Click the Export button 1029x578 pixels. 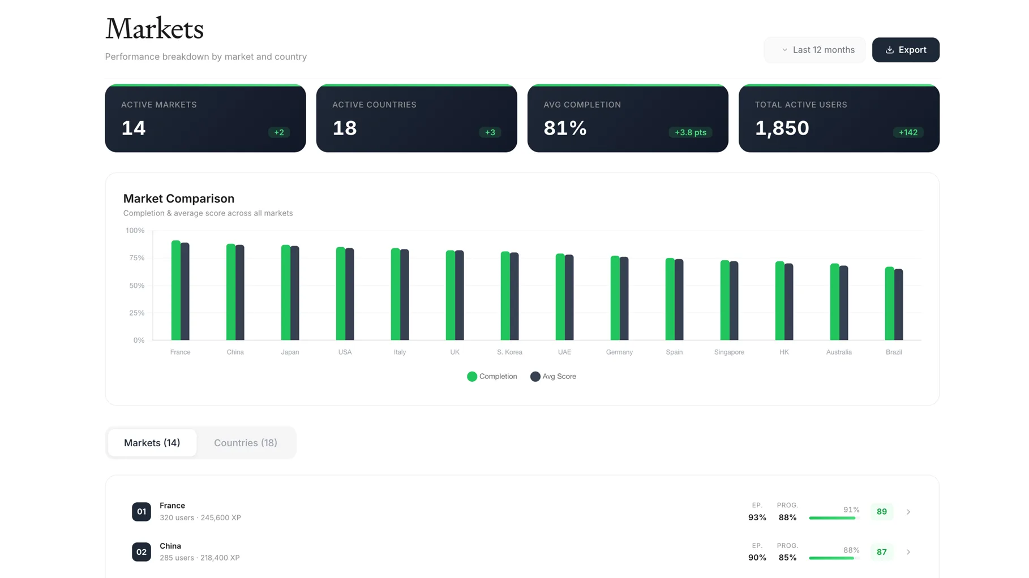click(x=905, y=50)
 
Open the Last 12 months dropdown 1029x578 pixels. click(x=815, y=50)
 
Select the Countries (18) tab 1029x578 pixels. click(x=245, y=443)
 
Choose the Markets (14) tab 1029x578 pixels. click(x=152, y=443)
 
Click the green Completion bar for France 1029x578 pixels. click(x=176, y=291)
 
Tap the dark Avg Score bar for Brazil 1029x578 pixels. click(x=898, y=305)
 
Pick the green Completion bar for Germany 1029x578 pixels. click(x=615, y=298)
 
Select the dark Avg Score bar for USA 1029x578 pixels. click(x=350, y=294)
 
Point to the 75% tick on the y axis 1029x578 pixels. click(x=136, y=258)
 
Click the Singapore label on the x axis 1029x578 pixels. click(x=729, y=352)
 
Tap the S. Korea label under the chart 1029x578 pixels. click(x=509, y=352)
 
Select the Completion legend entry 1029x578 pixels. click(x=492, y=377)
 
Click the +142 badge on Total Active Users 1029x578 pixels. click(x=908, y=132)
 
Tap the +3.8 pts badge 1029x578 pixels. click(x=690, y=132)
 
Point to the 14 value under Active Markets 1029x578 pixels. click(x=134, y=128)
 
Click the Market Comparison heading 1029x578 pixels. click(x=179, y=199)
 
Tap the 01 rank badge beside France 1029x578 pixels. click(x=142, y=512)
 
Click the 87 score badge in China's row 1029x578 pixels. click(x=881, y=552)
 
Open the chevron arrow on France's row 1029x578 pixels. click(x=908, y=512)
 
